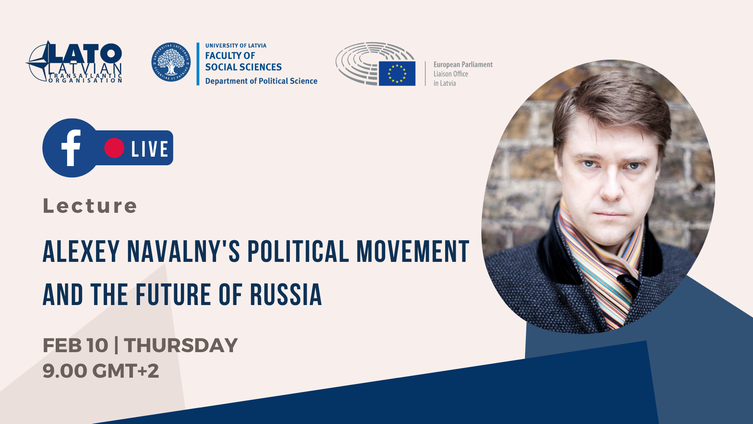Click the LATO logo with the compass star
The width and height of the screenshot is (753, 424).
click(74, 62)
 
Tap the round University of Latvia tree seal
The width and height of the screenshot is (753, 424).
click(171, 62)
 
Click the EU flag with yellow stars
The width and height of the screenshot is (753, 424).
click(397, 73)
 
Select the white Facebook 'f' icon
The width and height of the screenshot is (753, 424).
click(71, 148)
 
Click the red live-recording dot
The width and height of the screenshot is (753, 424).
click(114, 148)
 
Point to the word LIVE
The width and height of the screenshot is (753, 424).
click(150, 149)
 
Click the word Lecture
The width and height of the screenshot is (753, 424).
click(90, 206)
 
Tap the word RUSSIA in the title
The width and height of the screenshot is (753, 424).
click(286, 294)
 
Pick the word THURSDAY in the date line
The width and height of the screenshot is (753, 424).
click(181, 345)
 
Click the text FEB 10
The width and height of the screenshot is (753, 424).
click(75, 345)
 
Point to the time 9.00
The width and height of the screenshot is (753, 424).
click(65, 371)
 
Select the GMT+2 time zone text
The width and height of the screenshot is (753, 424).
click(125, 371)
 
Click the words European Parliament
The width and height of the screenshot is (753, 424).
click(463, 65)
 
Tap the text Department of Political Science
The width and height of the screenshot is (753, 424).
click(261, 81)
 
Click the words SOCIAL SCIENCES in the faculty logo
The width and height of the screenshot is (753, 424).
click(244, 67)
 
